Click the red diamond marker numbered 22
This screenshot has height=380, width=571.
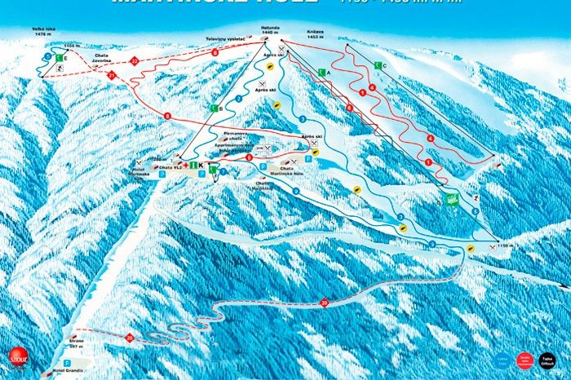coord(134,60)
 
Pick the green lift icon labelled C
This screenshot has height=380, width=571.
coord(377,65)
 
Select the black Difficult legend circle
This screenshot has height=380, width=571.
coord(547,359)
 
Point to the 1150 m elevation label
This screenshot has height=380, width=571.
coord(507,245)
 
